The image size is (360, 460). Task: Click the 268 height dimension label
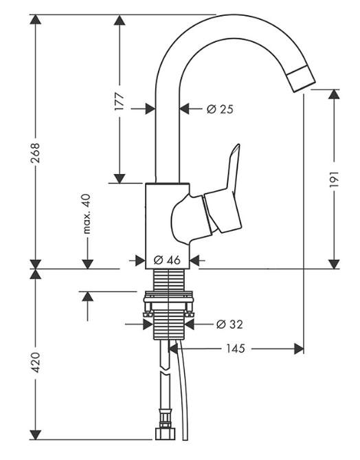(36, 153)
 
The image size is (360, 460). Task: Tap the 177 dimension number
(120, 101)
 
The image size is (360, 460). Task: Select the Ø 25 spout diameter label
(220, 109)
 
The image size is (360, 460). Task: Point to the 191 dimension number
(334, 179)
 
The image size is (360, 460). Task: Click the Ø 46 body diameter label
(167, 260)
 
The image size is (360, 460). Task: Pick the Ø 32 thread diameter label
(229, 324)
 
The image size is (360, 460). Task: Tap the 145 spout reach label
(236, 349)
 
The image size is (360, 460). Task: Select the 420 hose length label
(36, 362)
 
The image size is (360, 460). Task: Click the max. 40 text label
(87, 214)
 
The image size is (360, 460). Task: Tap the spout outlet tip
(300, 79)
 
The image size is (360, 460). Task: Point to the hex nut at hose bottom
(164, 434)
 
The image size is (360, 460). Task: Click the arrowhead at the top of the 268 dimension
(36, 19)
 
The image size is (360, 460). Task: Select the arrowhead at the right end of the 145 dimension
(299, 349)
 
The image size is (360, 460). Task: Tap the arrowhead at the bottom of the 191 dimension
(334, 264)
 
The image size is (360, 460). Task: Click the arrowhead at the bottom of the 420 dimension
(36, 435)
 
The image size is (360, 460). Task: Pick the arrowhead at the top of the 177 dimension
(120, 20)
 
